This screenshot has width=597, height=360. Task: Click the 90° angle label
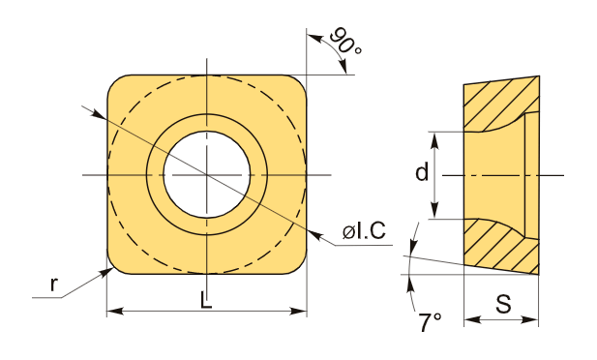click(345, 42)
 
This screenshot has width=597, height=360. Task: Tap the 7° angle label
click(430, 322)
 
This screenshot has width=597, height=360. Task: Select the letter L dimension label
click(206, 299)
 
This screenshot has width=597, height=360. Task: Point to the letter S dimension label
click(503, 305)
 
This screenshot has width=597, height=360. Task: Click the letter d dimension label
click(422, 172)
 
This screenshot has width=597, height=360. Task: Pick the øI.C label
click(364, 230)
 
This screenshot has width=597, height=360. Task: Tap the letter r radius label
click(54, 284)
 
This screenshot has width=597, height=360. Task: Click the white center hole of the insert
click(207, 175)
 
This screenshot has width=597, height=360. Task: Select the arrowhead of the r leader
click(107, 272)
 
